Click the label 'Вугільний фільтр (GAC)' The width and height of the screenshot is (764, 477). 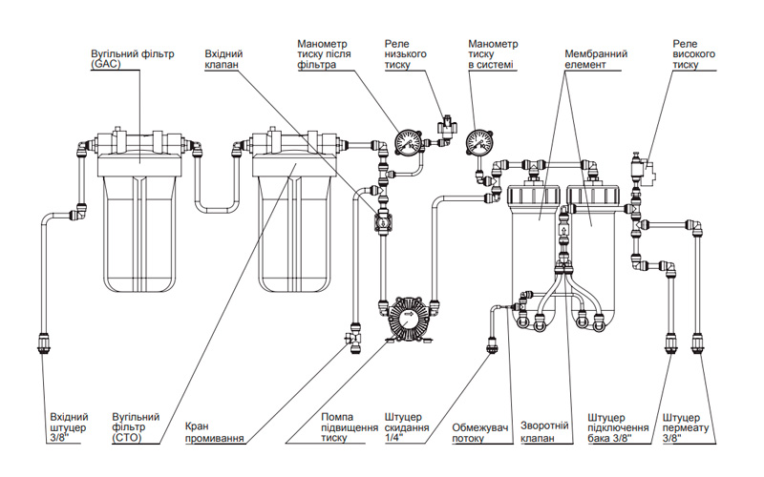[132, 59]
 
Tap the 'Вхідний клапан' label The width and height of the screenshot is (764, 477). [223, 59]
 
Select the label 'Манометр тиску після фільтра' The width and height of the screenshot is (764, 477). [324, 54]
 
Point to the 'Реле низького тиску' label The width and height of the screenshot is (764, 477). [405, 54]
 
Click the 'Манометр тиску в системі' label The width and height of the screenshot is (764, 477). [493, 54]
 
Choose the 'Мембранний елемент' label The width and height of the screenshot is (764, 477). [596, 59]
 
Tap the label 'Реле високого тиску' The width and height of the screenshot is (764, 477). [694, 54]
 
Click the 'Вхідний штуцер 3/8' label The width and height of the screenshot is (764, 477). [69, 427]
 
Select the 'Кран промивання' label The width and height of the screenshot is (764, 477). [214, 432]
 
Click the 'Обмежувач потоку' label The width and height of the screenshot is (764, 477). [480, 433]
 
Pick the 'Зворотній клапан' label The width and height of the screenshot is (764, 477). [544, 432]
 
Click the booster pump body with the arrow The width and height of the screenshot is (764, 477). [408, 318]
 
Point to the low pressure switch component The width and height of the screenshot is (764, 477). [447, 127]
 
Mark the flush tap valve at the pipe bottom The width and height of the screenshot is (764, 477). [351, 337]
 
